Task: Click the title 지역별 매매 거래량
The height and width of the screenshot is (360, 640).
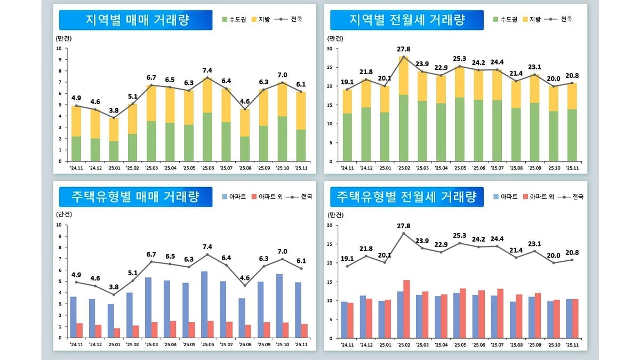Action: pyautogui.click(x=138, y=20)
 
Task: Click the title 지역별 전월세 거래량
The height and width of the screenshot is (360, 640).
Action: pyautogui.click(x=407, y=20)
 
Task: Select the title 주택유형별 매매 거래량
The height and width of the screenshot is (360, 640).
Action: pyautogui.click(x=135, y=197)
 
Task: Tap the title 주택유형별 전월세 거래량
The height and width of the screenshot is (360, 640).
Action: pyautogui.click(x=406, y=197)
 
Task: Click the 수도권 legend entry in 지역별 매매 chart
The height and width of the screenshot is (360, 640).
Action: pyautogui.click(x=235, y=19)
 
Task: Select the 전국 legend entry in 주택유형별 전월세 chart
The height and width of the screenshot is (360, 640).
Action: pyautogui.click(x=574, y=197)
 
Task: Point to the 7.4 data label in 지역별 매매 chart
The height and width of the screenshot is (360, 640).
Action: pyautogui.click(x=207, y=70)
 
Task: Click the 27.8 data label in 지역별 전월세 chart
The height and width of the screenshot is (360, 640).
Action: pyautogui.click(x=404, y=49)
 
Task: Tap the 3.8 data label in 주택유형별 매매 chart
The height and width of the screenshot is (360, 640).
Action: pyautogui.click(x=114, y=286)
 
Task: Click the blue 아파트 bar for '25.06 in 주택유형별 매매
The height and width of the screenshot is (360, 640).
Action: pyautogui.click(x=204, y=305)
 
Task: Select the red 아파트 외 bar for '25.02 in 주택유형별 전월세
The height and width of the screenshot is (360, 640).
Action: pyautogui.click(x=406, y=309)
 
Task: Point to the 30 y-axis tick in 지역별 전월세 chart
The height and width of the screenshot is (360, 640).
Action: pyautogui.click(x=330, y=49)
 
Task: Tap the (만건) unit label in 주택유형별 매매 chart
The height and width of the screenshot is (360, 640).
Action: pyautogui.click(x=63, y=214)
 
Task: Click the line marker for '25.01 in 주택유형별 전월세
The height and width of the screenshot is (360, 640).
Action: pyautogui.click(x=385, y=262)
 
